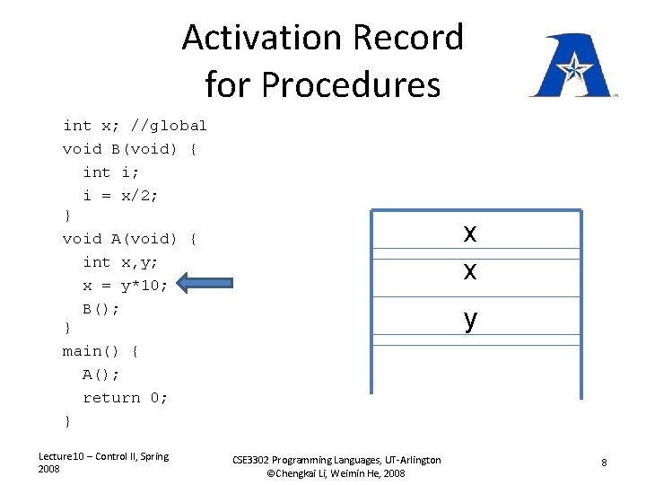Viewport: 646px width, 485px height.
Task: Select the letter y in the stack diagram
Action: tap(470, 319)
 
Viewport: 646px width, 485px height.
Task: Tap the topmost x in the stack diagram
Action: tap(470, 234)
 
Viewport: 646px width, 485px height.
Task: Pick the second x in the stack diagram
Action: tap(470, 270)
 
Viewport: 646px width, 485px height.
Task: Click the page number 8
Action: tap(604, 463)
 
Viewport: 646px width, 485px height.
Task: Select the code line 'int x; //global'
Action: tap(135, 126)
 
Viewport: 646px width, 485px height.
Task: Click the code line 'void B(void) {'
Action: tap(130, 149)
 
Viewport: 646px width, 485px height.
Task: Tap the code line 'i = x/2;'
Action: tap(121, 196)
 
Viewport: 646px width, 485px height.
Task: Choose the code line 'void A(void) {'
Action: tap(130, 239)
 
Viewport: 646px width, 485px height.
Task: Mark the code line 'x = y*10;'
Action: tap(126, 286)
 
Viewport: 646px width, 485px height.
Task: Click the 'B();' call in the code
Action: tap(101, 309)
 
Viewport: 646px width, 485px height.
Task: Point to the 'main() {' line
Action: tap(100, 351)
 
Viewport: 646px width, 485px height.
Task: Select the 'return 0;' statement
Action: tap(126, 398)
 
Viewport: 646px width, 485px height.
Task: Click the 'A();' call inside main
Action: tap(101, 375)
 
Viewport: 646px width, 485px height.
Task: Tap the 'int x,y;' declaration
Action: tap(121, 262)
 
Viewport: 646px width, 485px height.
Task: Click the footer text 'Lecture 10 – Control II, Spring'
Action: tap(103, 456)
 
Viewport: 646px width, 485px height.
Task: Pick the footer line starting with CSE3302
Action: tap(336, 460)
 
